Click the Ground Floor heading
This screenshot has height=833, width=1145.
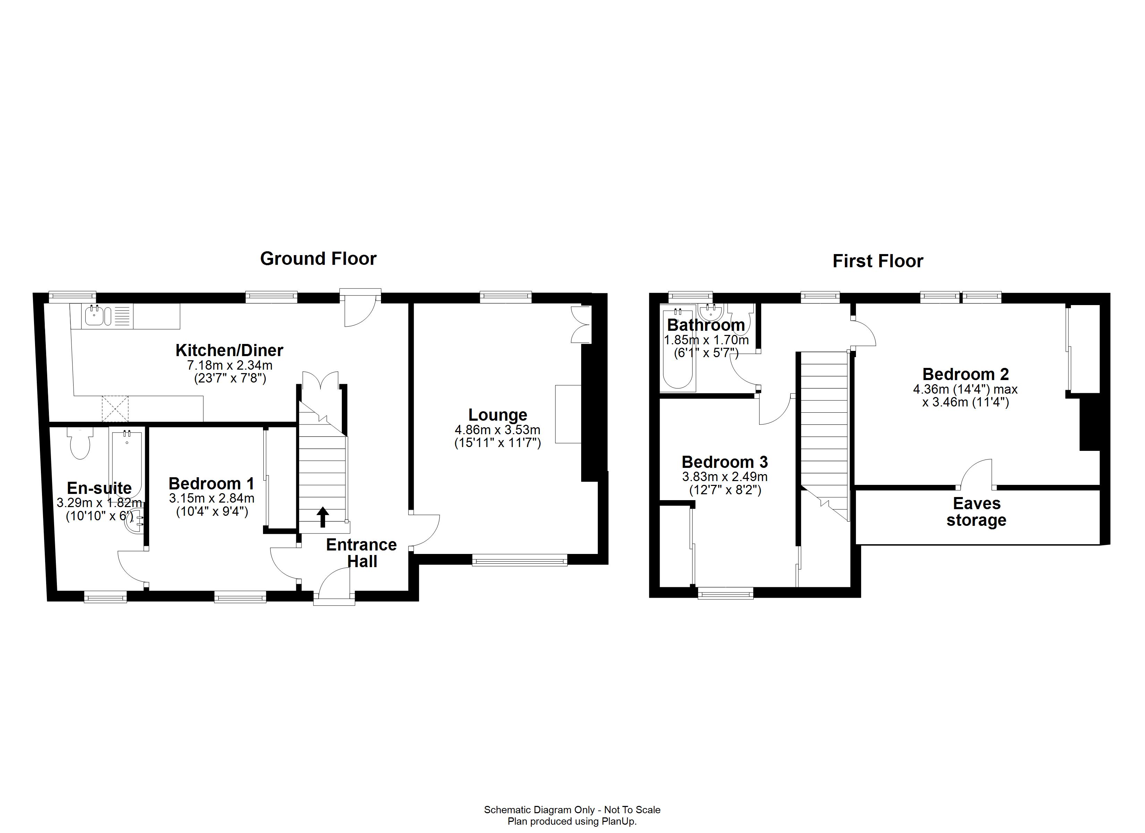(318, 259)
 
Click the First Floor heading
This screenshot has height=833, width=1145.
(877, 261)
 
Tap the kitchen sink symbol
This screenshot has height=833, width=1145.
(94, 316)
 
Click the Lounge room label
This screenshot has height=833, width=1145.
(497, 415)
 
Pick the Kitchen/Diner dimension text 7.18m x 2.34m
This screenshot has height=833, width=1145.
(230, 365)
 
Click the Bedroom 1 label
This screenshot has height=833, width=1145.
(211, 483)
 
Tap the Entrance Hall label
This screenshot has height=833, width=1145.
(362, 553)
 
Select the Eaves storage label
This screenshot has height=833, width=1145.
(976, 511)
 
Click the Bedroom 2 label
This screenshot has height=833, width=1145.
(965, 374)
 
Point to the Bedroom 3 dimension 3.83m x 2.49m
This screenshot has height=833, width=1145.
(724, 476)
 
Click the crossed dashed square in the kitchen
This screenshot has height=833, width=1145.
(116, 409)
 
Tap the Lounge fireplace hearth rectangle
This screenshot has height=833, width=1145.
(568, 414)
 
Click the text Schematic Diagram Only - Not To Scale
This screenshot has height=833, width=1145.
(572, 810)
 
